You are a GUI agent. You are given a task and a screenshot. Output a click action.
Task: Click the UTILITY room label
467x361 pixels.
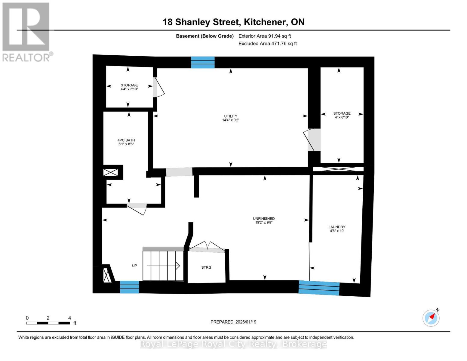(231, 118)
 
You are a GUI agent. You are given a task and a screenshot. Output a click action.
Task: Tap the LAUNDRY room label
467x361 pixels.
(337, 229)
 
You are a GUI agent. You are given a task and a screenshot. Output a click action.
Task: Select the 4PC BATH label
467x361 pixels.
(126, 142)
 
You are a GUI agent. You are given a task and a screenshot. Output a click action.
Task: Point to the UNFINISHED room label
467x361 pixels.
(264, 221)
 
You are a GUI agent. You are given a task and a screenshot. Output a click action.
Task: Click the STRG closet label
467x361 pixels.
(206, 267)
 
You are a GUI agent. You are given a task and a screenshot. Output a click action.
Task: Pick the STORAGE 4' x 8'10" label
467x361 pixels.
(342, 115)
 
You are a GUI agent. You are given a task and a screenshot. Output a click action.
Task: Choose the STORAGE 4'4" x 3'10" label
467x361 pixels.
(129, 87)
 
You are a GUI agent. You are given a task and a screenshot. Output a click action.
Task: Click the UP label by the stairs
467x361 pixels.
(134, 266)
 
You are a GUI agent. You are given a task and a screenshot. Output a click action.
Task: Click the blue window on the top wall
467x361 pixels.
(203, 62)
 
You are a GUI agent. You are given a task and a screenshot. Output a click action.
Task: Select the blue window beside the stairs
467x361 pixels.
(130, 287)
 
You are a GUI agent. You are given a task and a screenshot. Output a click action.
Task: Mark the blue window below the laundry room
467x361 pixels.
(319, 288)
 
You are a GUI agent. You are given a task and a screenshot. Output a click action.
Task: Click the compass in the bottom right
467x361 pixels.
(431, 318)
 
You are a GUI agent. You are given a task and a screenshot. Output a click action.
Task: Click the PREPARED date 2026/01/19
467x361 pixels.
(233, 322)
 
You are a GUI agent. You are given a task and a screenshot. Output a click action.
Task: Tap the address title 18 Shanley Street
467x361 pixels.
(233, 22)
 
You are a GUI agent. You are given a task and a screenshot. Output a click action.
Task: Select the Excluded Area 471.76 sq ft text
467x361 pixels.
(268, 44)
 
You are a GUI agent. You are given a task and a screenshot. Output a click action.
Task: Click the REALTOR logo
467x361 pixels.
(26, 32)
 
